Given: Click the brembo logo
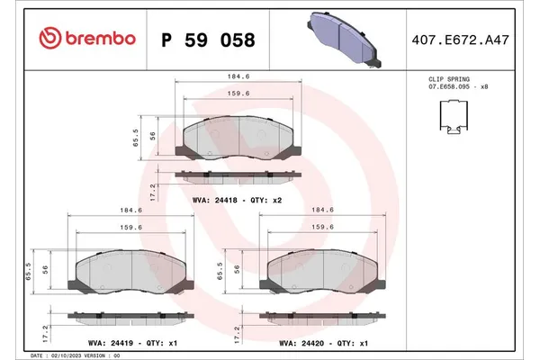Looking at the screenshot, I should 87,39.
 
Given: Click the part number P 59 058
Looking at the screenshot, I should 207,40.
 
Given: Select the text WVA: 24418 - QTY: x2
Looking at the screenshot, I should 238,200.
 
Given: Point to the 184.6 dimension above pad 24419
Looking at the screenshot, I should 132,211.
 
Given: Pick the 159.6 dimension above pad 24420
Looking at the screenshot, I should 324,228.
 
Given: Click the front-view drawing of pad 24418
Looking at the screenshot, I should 238,138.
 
